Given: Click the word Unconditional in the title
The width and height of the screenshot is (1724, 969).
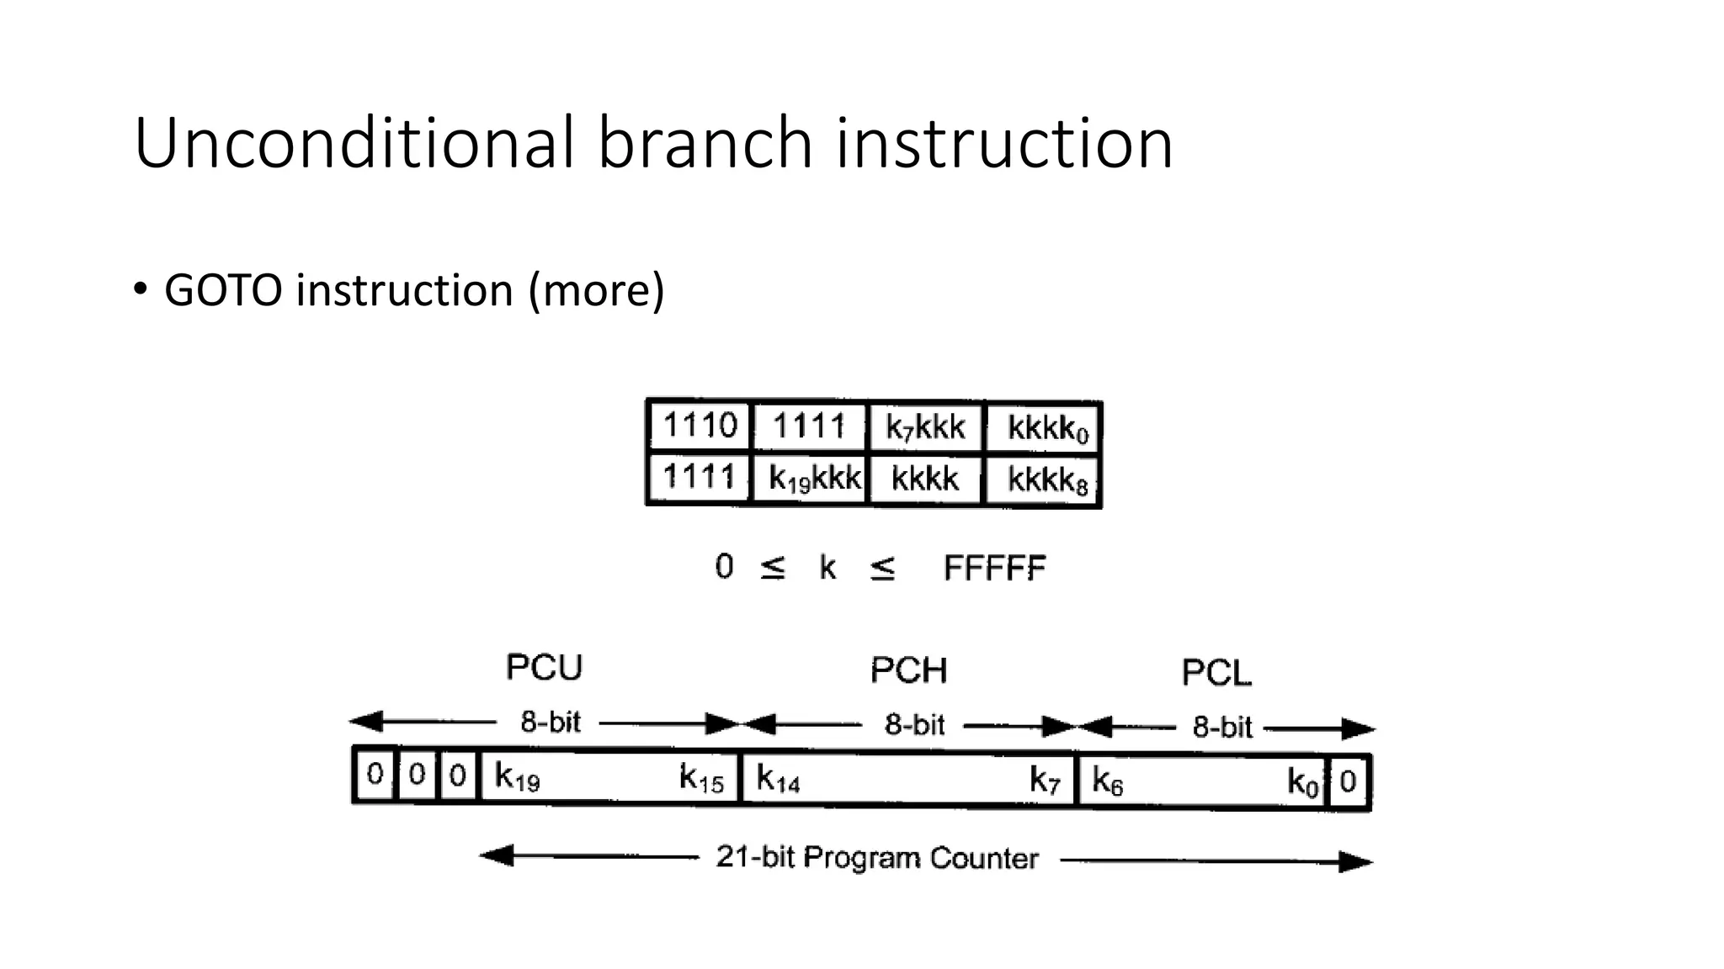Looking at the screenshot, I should pyautogui.click(x=354, y=143).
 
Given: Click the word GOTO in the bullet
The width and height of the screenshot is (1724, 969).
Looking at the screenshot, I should pyautogui.click(x=222, y=291).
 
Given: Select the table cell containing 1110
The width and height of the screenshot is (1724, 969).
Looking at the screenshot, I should pyautogui.click(x=700, y=426).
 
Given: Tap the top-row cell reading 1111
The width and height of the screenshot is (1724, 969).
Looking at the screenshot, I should pyautogui.click(x=808, y=426).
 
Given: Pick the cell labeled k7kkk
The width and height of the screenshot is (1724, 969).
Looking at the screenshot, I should pyautogui.click(x=924, y=428).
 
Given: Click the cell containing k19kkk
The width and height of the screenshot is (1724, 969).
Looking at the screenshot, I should pyautogui.click(x=813, y=479).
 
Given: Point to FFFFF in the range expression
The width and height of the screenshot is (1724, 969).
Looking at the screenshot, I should pyautogui.click(x=994, y=569).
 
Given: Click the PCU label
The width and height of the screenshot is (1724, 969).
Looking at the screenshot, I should pyautogui.click(x=544, y=668).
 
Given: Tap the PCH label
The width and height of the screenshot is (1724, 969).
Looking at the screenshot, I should pyautogui.click(x=908, y=671).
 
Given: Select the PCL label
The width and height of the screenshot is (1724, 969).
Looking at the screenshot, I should pyautogui.click(x=1216, y=673).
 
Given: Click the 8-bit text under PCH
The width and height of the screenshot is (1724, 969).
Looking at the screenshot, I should pyautogui.click(x=914, y=724).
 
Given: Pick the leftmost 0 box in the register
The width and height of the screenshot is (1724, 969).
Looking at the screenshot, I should pyautogui.click(x=375, y=774).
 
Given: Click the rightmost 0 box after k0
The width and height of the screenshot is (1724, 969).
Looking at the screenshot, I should pyautogui.click(x=1348, y=781).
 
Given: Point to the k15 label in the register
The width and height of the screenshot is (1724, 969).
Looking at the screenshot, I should pyautogui.click(x=701, y=778).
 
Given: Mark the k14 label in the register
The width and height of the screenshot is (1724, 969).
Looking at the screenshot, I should pyautogui.click(x=777, y=779).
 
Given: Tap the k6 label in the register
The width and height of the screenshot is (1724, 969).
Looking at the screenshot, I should pyautogui.click(x=1107, y=781).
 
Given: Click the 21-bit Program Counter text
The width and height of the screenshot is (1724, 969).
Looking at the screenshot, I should pyautogui.click(x=877, y=858).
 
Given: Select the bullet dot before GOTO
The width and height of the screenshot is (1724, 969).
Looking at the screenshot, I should pyautogui.click(x=140, y=289).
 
